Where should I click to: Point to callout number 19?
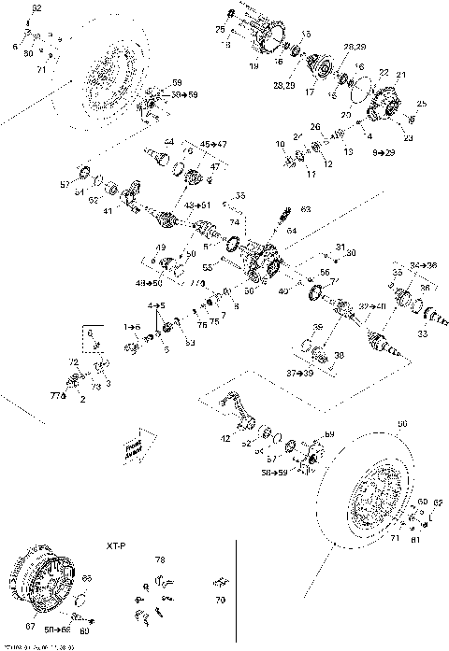coord(253,66)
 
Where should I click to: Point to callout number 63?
coord(304,209)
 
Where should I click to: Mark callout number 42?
coord(224,437)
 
